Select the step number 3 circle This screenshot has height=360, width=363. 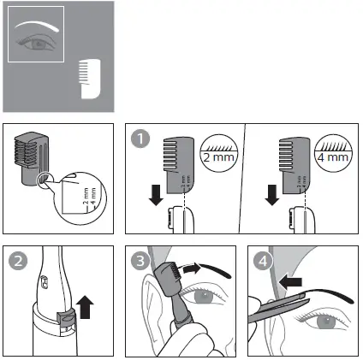140,262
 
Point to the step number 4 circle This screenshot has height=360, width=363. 261,262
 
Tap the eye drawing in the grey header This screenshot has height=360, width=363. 37,41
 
